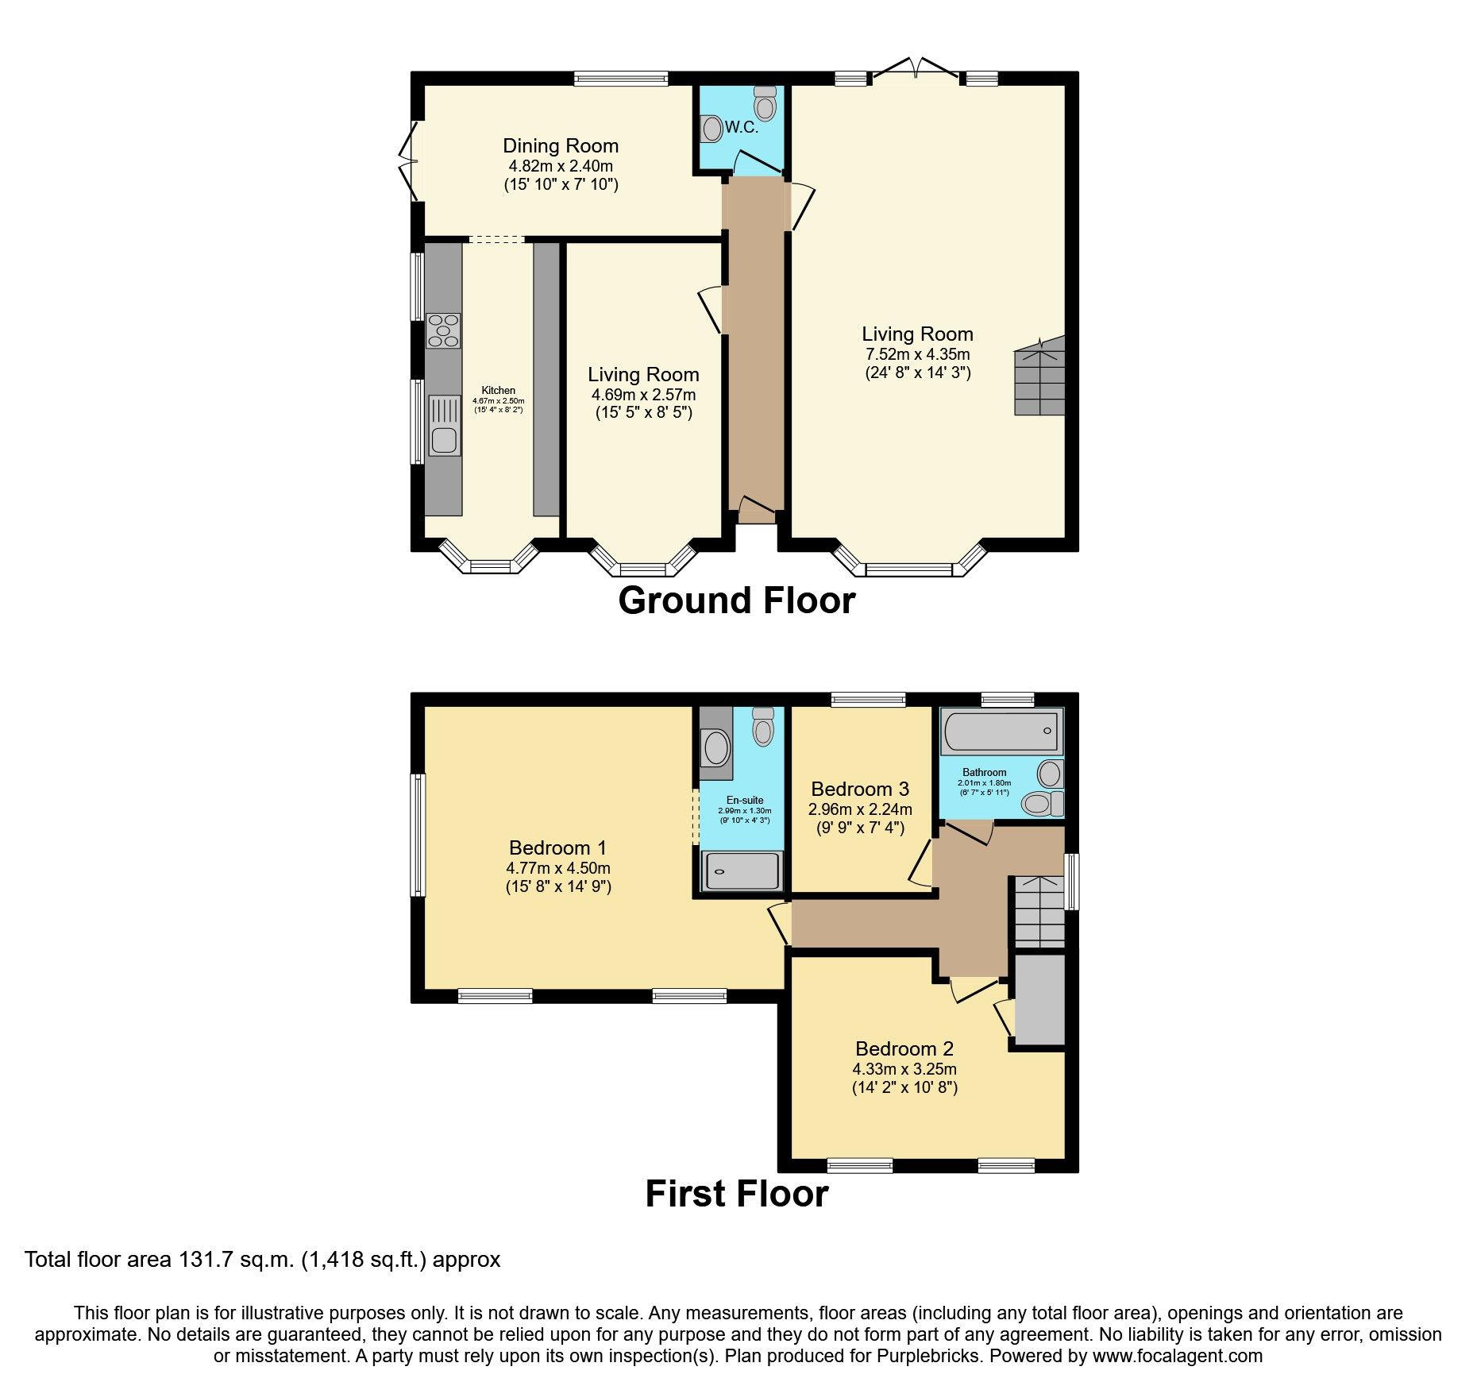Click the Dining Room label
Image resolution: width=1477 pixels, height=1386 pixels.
(560, 146)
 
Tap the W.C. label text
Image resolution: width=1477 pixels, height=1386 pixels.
(741, 128)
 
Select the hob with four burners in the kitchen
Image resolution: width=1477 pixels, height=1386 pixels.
(443, 330)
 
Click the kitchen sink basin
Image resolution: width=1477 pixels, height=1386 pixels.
(444, 439)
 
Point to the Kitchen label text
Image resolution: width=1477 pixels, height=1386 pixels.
(498, 390)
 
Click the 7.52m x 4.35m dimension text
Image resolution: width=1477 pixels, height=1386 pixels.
(917, 354)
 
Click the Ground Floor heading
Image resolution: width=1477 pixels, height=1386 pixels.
(736, 600)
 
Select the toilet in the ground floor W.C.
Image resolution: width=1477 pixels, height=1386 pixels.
(765, 104)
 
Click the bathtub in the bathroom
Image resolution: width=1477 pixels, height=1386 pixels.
(1001, 731)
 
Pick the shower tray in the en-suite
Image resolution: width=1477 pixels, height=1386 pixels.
(741, 871)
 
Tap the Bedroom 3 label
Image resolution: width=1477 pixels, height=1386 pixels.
(859, 789)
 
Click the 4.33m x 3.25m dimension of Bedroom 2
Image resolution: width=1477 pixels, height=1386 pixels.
(904, 1069)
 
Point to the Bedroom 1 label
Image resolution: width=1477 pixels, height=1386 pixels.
(557, 847)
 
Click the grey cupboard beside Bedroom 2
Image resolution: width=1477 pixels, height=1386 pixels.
(1039, 1000)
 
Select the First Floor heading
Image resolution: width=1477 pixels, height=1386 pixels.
(736, 1194)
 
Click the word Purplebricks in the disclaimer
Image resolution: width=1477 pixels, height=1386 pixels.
(927, 1356)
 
